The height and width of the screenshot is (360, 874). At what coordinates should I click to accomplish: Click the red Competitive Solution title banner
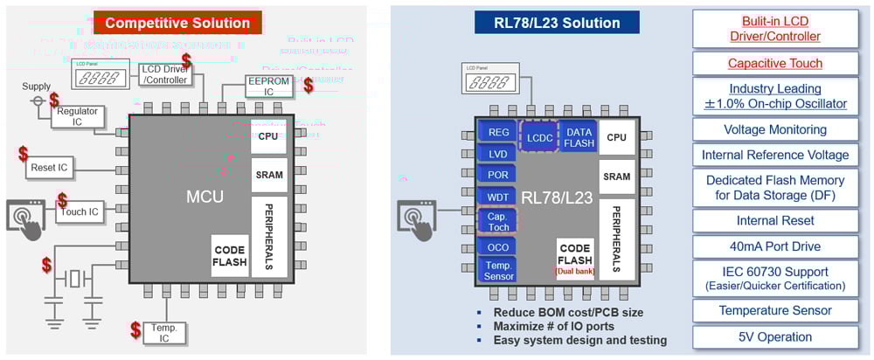177,22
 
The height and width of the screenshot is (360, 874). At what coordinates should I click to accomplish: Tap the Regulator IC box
78,117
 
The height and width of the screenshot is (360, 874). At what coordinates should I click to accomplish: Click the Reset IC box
51,166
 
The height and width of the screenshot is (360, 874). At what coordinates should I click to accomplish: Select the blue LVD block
498,154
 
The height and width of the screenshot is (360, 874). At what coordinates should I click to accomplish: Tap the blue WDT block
498,197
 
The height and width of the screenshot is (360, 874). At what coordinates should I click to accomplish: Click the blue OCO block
498,247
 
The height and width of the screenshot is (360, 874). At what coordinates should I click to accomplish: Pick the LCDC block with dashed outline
540,137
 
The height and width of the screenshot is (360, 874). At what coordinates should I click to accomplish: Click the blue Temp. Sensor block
498,270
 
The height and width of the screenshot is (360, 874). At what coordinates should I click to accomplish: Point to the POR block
498,175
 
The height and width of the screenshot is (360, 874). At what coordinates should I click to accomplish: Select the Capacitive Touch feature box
775,64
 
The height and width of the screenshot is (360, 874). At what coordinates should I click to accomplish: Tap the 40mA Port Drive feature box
775,246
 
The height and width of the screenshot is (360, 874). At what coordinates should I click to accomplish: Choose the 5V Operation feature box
775,336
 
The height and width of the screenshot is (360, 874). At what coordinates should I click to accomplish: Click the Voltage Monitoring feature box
775,129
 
